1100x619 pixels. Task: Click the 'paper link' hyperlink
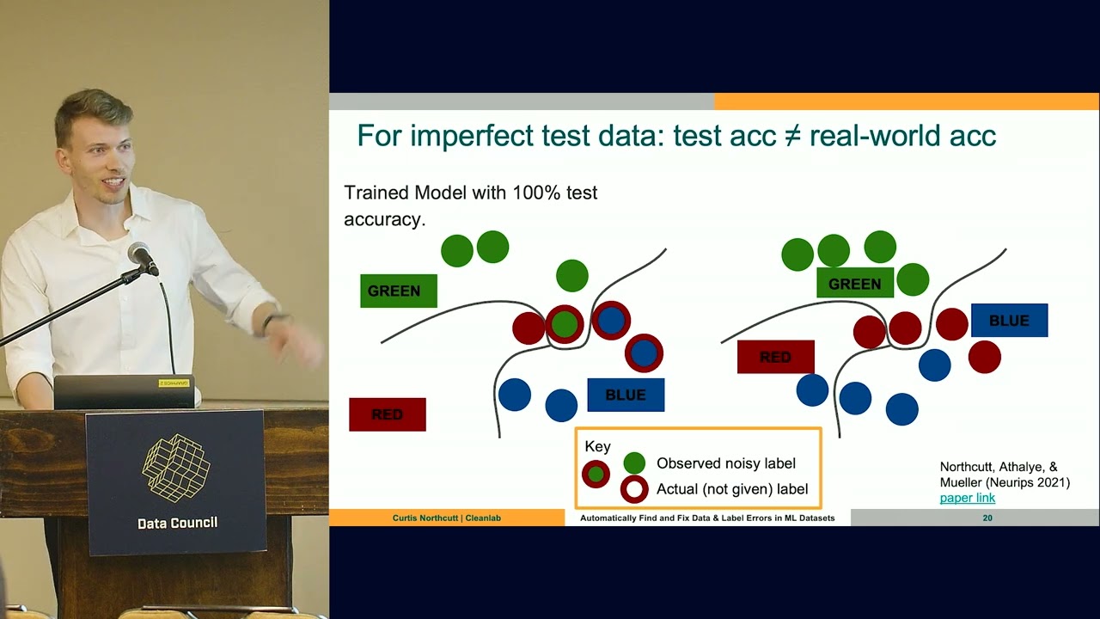click(967, 498)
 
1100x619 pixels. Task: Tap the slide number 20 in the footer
click(987, 518)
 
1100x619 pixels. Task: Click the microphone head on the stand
click(142, 256)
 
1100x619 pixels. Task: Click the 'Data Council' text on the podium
click(177, 523)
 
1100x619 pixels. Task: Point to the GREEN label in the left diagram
click(398, 291)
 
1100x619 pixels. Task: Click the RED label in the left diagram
click(387, 414)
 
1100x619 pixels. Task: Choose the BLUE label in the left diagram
click(625, 395)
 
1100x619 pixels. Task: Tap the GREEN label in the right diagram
click(854, 284)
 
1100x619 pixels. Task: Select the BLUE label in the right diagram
click(1009, 321)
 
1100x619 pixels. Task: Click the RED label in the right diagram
click(775, 357)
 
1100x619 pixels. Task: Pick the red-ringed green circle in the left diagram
click(564, 324)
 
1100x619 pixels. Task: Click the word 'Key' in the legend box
click(597, 446)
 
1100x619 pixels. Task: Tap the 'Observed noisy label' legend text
click(726, 463)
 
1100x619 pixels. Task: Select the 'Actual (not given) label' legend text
click(732, 489)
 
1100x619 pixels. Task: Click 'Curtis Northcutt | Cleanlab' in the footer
click(447, 518)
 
